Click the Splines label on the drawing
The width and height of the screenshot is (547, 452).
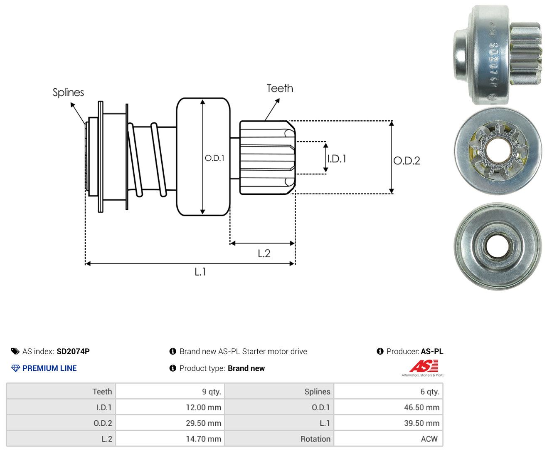68,92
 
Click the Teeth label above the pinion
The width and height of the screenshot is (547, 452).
279,88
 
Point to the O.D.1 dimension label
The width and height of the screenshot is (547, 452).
214,158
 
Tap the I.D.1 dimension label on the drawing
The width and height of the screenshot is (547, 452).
337,159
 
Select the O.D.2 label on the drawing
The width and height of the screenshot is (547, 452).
407,161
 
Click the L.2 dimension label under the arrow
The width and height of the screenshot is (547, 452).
264,253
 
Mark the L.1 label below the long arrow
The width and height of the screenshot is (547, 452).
200,271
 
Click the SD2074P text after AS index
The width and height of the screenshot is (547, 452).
73,351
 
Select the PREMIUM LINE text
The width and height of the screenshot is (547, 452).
49,368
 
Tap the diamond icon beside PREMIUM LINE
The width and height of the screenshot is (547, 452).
15,368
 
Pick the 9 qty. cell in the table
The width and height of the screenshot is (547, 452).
170,391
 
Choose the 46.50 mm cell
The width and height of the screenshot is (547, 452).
389,407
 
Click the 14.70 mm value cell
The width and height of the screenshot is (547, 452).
170,439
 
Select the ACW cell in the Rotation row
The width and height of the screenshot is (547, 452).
389,439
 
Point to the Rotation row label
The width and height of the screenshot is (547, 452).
315,439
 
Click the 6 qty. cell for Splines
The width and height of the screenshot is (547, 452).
389,391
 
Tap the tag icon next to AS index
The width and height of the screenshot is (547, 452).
15,351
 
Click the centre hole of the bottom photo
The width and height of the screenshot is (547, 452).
497,246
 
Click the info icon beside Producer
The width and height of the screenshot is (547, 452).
380,351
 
